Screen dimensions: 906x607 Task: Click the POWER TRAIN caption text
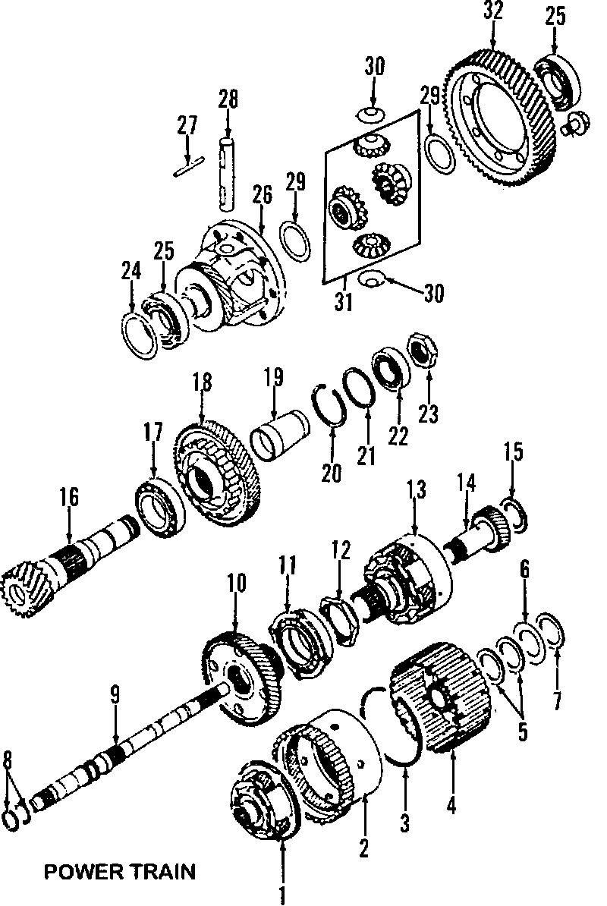tap(119, 871)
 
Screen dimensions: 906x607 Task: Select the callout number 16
tap(69, 498)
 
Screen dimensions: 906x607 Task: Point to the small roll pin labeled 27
tap(188, 165)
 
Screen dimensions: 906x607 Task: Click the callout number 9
tap(115, 693)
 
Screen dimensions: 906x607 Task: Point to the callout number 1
tap(282, 896)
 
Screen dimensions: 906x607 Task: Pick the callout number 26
tap(262, 195)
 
